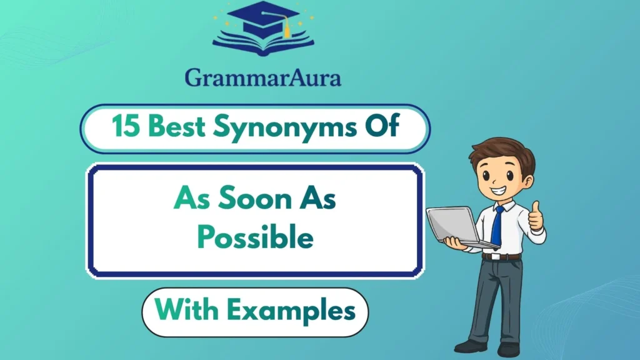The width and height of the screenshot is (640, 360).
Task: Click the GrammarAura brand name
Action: click(x=263, y=77)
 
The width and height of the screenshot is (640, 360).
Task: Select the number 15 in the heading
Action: click(x=124, y=127)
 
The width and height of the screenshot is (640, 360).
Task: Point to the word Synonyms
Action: click(x=272, y=128)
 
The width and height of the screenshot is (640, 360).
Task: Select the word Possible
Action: click(x=255, y=237)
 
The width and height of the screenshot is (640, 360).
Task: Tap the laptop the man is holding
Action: click(x=451, y=226)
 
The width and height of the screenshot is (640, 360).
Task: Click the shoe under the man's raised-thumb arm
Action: click(x=509, y=349)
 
